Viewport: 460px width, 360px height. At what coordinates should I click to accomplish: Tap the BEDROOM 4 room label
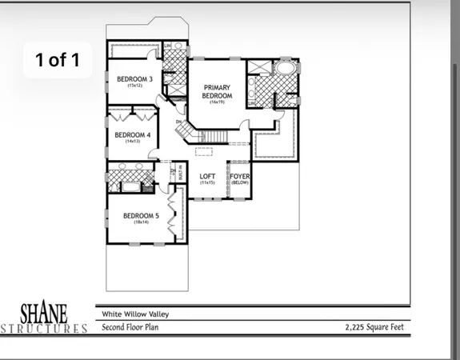click(132, 134)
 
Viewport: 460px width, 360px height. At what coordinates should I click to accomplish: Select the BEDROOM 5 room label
click(141, 215)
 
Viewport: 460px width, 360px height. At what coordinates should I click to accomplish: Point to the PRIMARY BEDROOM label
click(217, 91)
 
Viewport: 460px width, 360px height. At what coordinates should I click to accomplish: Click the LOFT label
click(208, 176)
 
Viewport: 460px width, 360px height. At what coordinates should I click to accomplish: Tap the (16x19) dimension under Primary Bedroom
click(217, 102)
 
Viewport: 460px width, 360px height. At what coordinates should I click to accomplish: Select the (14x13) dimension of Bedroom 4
click(132, 142)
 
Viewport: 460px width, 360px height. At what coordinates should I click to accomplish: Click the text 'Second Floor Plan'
click(131, 327)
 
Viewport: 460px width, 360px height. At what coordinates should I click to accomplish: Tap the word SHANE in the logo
click(44, 311)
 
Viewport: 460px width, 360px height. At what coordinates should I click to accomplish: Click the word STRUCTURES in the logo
click(44, 328)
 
